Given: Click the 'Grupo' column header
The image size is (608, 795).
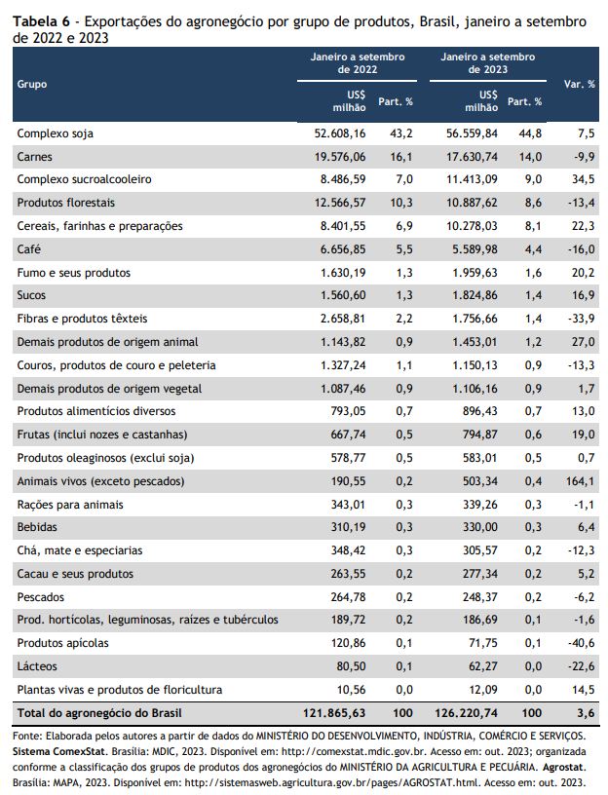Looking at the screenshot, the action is pos(32,84).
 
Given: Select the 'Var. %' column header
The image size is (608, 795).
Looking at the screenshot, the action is pos(579,84).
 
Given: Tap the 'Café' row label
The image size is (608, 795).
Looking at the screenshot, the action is pos(29,249).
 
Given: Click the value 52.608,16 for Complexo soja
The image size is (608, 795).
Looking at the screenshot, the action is pos(340,133).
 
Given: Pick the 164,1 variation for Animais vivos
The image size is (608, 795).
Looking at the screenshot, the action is pos(580,481).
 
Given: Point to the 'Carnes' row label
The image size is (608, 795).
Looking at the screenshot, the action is pos(34,157).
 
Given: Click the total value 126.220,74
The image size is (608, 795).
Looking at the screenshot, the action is pos(466,713).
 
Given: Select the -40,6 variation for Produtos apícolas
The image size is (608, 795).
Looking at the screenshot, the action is pos(581,643).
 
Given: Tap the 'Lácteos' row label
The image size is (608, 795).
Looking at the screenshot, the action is pos(37,666).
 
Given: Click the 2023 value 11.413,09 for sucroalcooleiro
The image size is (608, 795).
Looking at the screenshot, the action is pos(472,179).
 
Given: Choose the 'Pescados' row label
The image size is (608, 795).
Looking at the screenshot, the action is pos(41,597).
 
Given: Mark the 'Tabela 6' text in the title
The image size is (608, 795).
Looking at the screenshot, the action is pos(42,21).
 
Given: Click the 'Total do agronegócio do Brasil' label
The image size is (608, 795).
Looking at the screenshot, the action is pos(99,713).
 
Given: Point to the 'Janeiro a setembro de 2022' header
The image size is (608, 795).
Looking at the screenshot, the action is pos(358,63).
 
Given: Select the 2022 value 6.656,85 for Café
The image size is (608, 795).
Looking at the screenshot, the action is pos(343,249).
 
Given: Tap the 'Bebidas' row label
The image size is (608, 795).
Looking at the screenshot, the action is pos(37,527).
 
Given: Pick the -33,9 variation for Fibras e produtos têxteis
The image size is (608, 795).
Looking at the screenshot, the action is pos(581,319).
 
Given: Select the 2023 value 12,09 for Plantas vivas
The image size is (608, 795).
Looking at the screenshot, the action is pos(482,690).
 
